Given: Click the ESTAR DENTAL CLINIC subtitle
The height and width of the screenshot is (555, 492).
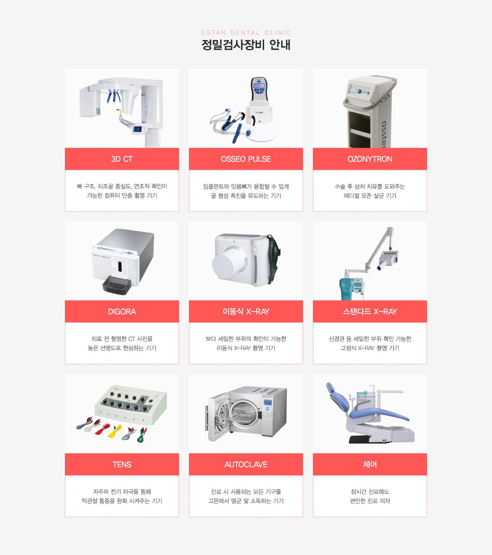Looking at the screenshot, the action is coord(246,33).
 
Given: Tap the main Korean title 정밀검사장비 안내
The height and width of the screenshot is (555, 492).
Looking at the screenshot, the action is coord(246,45).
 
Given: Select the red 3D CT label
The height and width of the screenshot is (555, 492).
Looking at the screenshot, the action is coord(122,159).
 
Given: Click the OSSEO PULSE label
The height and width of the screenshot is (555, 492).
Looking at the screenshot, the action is coord(246,159).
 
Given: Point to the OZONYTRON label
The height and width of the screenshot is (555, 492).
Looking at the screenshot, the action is coord(370,159).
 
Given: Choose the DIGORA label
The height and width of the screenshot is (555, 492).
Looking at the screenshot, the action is coord(122,311).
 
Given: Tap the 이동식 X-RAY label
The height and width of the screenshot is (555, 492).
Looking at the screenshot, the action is coord(246,311).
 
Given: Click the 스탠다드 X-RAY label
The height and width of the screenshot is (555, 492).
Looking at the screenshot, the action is coord(370,311).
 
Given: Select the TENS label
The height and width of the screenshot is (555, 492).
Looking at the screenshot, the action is coord(122,464).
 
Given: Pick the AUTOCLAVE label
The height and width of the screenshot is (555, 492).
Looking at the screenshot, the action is coord(246,464).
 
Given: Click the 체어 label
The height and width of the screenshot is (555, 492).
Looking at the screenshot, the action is coord(370,464).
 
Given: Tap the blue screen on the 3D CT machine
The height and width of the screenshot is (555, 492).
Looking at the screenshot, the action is coord(137,129).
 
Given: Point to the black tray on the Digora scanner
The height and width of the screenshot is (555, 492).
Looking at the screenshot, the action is coord(117,285).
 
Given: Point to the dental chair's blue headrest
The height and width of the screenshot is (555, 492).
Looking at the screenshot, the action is coord(330,387).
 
